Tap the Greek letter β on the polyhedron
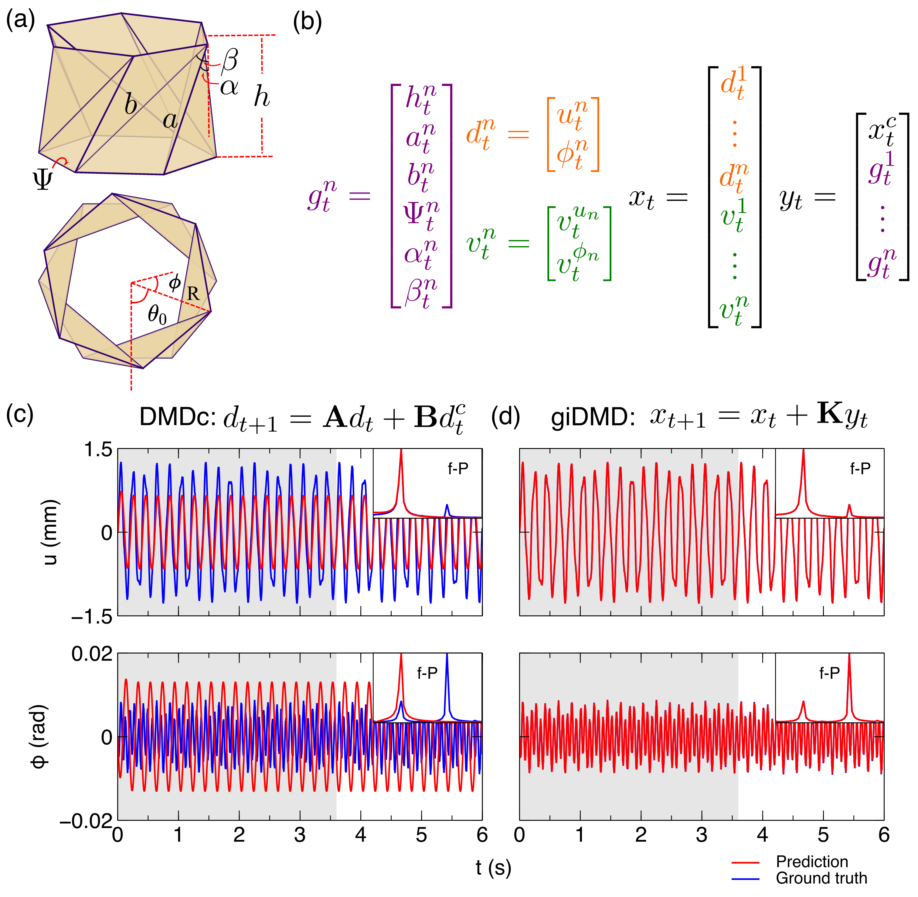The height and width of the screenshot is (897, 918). pyautogui.click(x=230, y=60)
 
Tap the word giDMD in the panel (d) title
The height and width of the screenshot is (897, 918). pyautogui.click(x=593, y=417)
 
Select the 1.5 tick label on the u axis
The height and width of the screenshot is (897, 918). pyautogui.click(x=98, y=450)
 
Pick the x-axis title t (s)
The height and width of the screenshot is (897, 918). pyautogui.click(x=493, y=867)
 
